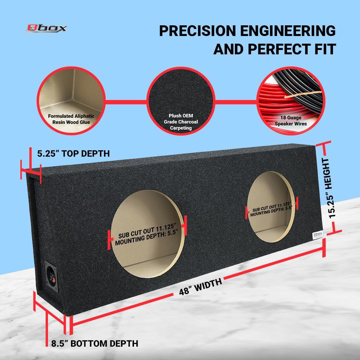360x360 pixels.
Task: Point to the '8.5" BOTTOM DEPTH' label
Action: coord(95,343)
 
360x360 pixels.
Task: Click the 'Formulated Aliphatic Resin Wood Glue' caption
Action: coord(71,119)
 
